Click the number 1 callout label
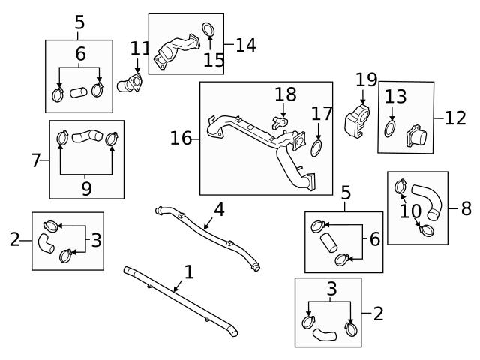coord(189,271)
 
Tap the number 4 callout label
coord(219,209)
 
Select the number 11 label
coord(140,49)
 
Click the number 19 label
coord(366,79)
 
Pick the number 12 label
coord(454,118)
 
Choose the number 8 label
coord(466,208)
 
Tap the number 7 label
coord(36,160)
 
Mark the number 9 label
coord(86,189)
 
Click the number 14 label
coord(245,45)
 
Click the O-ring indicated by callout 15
coord(210,31)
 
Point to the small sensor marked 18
coord(282,121)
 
